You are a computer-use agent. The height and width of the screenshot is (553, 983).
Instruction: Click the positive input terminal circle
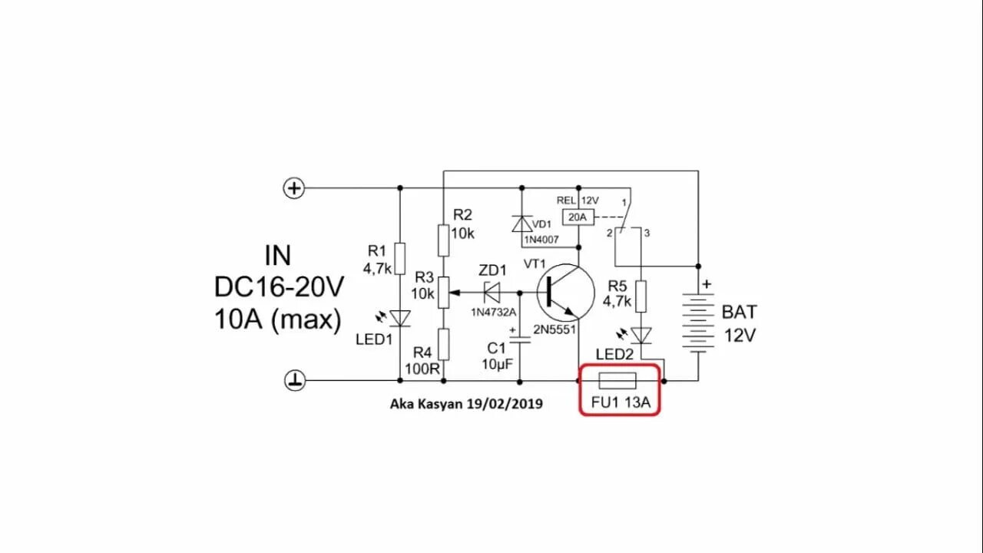tap(294, 188)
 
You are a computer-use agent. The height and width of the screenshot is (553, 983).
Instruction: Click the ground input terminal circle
tap(295, 380)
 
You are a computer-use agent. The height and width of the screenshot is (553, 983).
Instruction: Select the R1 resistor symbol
tap(399, 257)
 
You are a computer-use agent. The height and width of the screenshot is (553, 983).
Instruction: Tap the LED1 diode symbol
tap(399, 318)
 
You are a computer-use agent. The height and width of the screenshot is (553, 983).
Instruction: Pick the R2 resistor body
tap(444, 240)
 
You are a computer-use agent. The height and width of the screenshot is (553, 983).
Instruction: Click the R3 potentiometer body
tap(444, 292)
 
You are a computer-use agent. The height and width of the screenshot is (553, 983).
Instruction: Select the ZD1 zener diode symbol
tap(490, 292)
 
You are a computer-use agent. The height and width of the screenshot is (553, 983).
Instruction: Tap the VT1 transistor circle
tap(567, 293)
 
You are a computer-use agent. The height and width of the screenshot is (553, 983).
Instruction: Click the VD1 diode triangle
tap(522, 224)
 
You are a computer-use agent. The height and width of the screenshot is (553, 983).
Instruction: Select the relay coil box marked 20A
tap(578, 217)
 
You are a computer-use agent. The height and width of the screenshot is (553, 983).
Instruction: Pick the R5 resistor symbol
tap(641, 296)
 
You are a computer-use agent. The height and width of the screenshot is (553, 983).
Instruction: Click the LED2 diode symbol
tap(641, 335)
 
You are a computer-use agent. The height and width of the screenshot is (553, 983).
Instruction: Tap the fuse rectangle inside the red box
tap(617, 380)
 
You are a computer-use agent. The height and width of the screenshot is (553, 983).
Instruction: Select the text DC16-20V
tap(279, 287)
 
